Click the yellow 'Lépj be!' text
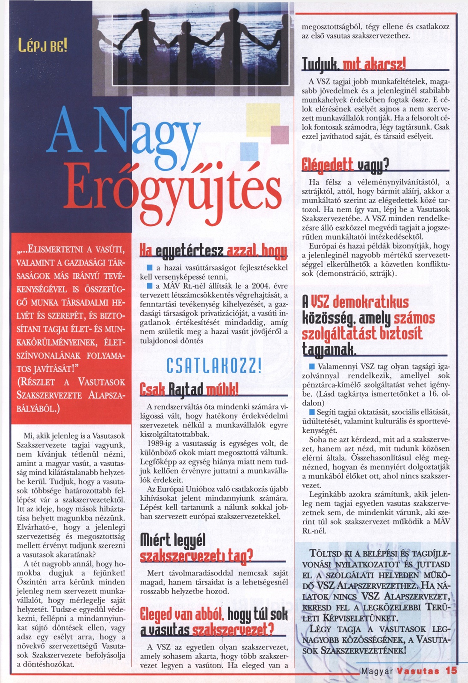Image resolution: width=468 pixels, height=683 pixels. (43, 46)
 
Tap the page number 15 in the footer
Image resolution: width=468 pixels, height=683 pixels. (451, 670)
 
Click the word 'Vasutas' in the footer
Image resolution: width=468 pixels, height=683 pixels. (418, 671)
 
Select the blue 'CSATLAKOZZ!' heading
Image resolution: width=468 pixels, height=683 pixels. (214, 366)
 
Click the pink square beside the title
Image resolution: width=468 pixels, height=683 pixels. (280, 135)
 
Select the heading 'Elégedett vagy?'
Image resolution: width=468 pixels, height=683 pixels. (345, 165)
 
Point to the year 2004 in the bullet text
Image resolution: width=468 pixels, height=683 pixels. (261, 286)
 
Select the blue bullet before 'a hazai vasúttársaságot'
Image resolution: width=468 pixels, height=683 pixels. (149, 268)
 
